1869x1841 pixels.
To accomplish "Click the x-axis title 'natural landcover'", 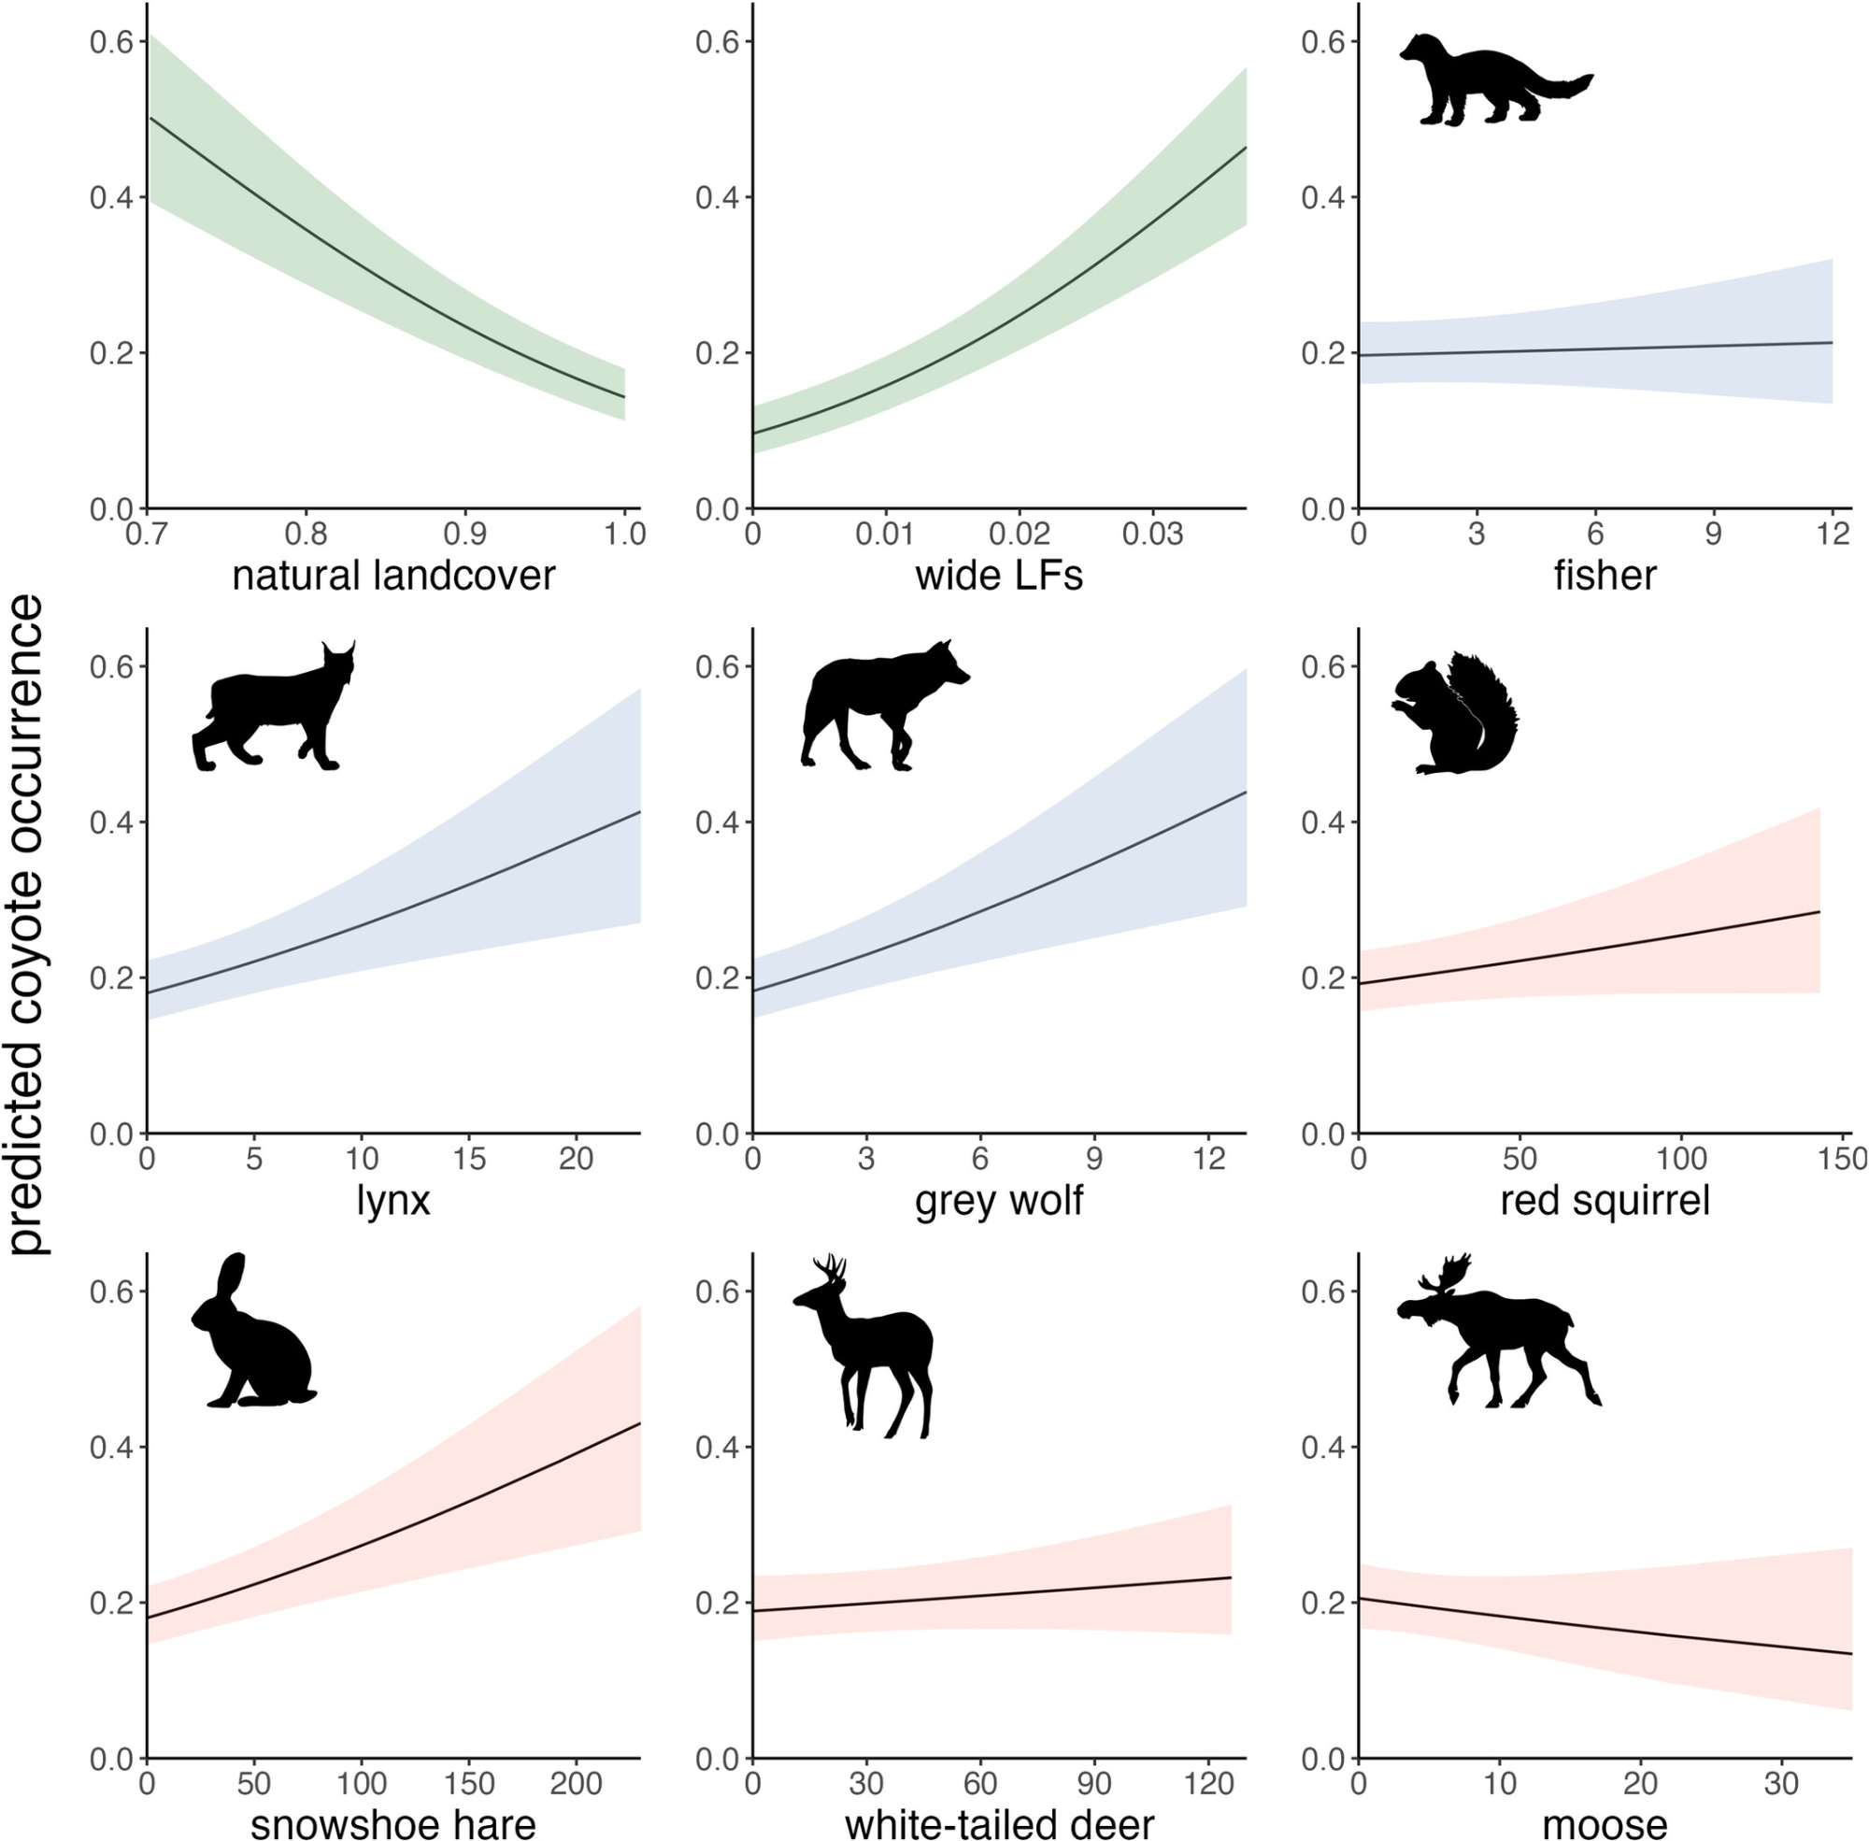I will tap(393, 577).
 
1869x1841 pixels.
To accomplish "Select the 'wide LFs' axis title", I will tap(999, 577).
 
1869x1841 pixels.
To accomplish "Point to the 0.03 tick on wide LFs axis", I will tap(1153, 535).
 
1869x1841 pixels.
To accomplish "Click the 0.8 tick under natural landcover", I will tap(306, 535).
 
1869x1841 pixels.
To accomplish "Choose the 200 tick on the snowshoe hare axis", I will tap(577, 1784).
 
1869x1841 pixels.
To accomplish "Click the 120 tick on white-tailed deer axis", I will tap(1208, 1784).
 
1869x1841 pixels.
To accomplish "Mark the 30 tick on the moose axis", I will tap(1781, 1784).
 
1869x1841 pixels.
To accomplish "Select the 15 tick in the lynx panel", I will tap(469, 1160).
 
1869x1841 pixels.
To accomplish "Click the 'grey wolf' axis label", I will tap(999, 1201).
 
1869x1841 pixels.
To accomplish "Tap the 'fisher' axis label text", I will tap(1605, 577).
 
